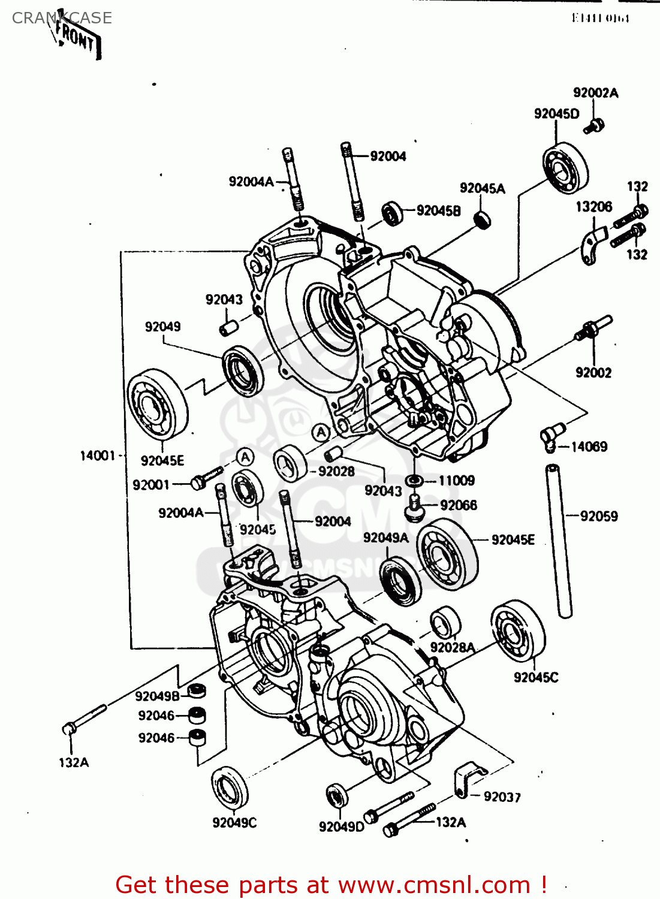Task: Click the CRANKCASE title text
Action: tap(62, 18)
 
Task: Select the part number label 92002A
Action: tap(595, 93)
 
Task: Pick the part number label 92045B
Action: tap(438, 211)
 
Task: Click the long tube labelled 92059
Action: tap(558, 539)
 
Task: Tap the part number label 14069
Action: tap(589, 447)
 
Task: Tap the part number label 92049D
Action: tap(341, 827)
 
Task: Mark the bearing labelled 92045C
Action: tap(517, 630)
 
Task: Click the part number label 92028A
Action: tap(453, 647)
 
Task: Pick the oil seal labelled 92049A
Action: tap(400, 581)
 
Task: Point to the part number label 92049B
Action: tap(157, 696)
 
